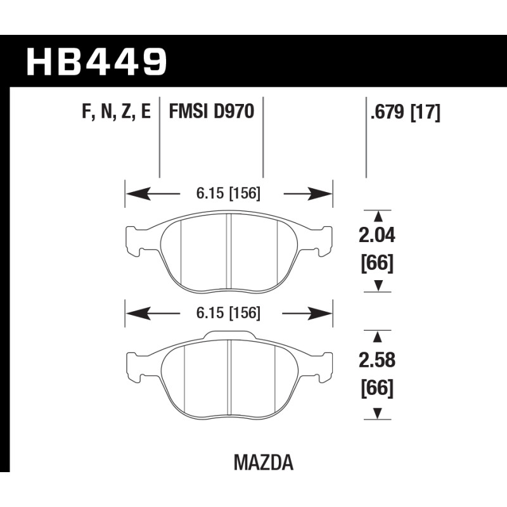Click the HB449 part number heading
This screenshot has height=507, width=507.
(97, 61)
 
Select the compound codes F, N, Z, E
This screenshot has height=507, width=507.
(117, 112)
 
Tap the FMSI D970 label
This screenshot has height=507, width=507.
(212, 112)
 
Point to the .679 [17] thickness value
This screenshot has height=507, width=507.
(406, 113)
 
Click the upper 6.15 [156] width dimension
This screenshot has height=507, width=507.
(228, 194)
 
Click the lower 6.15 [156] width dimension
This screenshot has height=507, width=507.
(228, 313)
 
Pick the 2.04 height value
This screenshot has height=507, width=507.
(377, 235)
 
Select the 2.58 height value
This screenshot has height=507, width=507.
(377, 360)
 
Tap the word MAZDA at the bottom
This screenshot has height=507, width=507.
(264, 463)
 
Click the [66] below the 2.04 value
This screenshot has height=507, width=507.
(377, 264)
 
